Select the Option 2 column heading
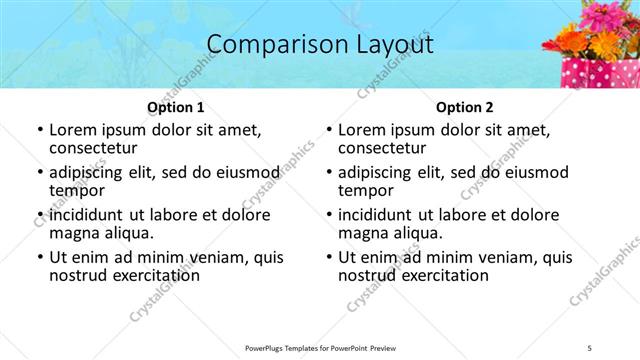[x=464, y=106]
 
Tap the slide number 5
[x=589, y=348]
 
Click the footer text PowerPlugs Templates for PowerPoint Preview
[x=320, y=348]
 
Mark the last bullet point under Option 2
[x=328, y=257]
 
